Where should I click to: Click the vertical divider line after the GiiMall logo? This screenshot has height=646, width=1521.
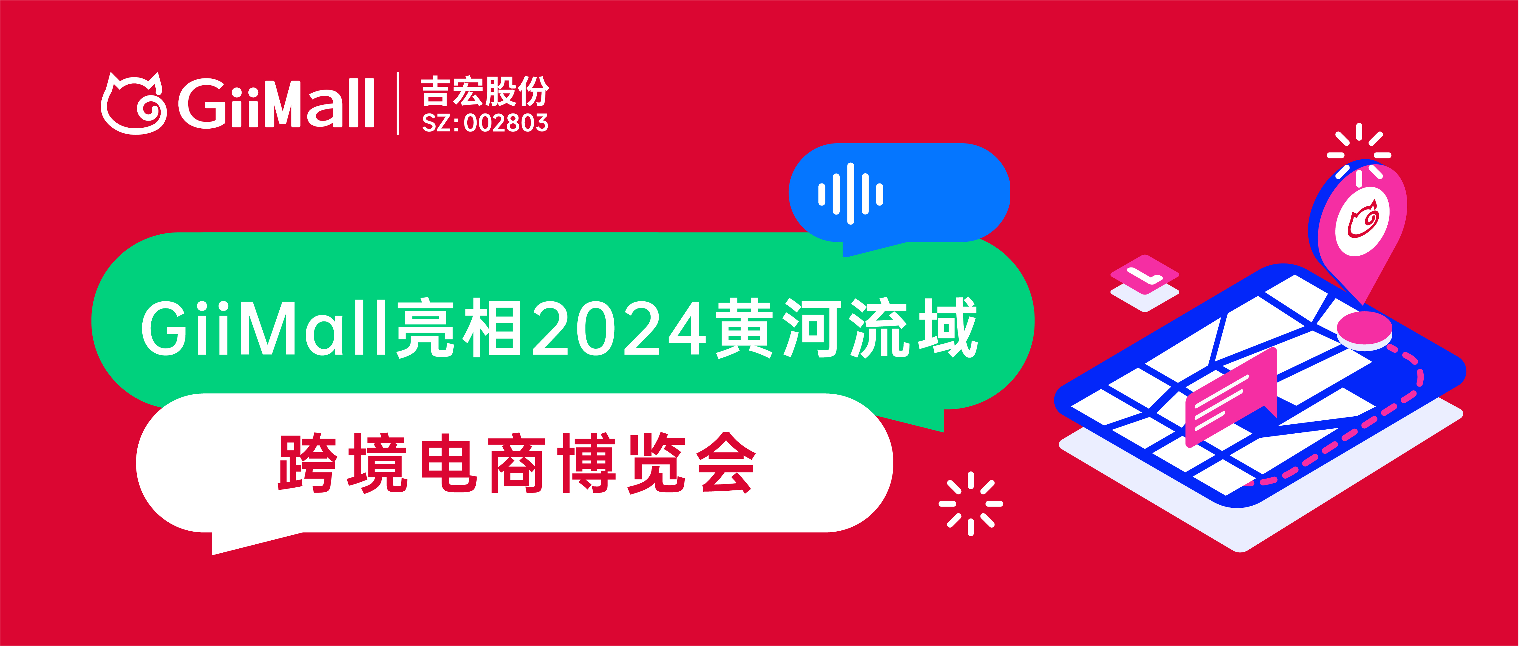[x=398, y=103]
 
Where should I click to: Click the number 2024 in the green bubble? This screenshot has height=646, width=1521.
[x=619, y=328]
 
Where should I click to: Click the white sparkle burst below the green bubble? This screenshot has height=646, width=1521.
[x=970, y=504]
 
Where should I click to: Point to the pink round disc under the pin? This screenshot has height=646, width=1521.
[x=1364, y=330]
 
